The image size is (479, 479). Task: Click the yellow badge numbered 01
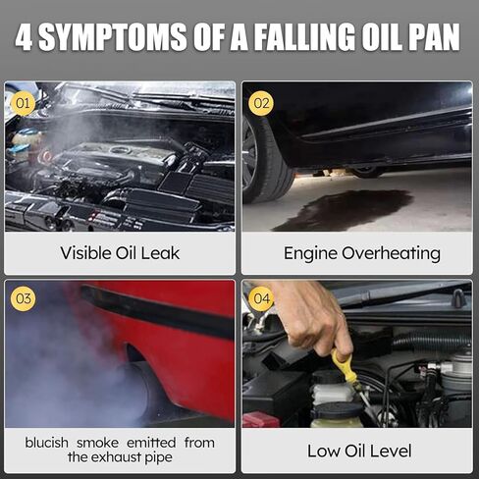click(x=23, y=103)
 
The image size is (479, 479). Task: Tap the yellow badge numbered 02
click(x=261, y=103)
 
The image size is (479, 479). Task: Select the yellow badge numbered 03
click(x=23, y=298)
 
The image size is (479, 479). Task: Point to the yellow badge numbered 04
click(x=261, y=298)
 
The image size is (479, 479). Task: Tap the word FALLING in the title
click(x=305, y=36)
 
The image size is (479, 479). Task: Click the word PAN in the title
click(x=431, y=36)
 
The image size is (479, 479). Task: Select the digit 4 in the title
click(x=24, y=36)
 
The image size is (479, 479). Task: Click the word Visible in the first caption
click(x=85, y=253)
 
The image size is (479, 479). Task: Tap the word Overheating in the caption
click(x=391, y=254)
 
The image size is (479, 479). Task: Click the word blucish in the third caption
click(x=46, y=443)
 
